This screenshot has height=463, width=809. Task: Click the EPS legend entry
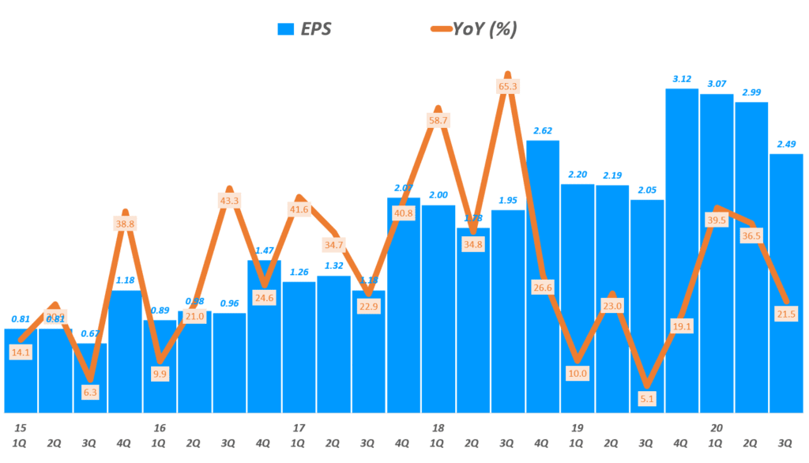[303, 30]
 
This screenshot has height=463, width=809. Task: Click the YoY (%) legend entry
[472, 30]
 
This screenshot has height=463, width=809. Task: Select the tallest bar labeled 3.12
[682, 253]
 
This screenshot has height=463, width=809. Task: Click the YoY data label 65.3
[508, 85]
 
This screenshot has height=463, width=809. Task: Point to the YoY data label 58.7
[438, 120]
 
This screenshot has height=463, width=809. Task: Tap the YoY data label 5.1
[647, 398]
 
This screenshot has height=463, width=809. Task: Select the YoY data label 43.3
[229, 201]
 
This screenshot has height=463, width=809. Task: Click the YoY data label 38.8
[125, 224]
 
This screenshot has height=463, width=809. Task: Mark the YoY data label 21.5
[786, 314]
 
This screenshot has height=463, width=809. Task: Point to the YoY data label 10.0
[578, 373]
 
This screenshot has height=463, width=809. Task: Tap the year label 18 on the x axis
[438, 427]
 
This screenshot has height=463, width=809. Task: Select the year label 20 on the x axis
[717, 427]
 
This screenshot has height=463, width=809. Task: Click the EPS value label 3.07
[717, 83]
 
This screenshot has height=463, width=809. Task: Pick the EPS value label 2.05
[647, 189]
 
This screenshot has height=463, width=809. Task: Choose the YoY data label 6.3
[90, 392]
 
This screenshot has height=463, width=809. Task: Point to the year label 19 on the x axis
[578, 427]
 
